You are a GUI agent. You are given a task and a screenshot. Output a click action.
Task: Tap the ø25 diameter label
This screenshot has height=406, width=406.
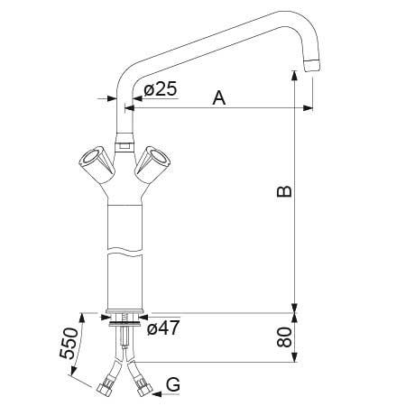(161, 90)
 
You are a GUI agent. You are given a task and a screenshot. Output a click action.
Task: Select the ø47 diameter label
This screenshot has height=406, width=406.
(163, 328)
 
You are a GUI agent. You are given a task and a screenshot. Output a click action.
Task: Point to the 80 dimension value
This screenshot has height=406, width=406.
(283, 338)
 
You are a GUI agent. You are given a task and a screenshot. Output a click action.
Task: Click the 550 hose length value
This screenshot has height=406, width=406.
(66, 344)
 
